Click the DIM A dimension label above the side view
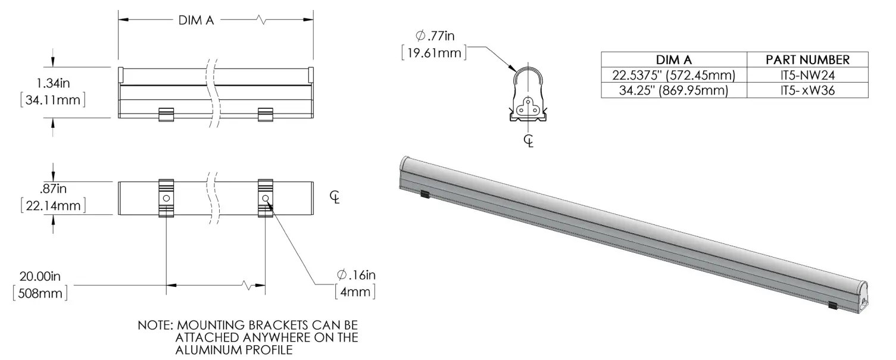(x=196, y=20)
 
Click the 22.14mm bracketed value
(x=53, y=206)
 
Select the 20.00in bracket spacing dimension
(x=40, y=277)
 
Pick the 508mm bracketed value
(x=40, y=293)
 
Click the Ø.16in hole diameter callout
(x=355, y=275)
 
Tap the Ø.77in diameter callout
(x=435, y=36)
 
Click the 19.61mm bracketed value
(x=434, y=53)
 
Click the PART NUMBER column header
(x=807, y=60)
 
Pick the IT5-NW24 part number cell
(x=807, y=76)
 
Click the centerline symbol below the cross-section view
(x=528, y=140)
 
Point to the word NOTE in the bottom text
(x=155, y=326)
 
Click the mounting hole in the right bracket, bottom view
(x=265, y=198)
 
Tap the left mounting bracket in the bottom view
(x=166, y=198)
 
